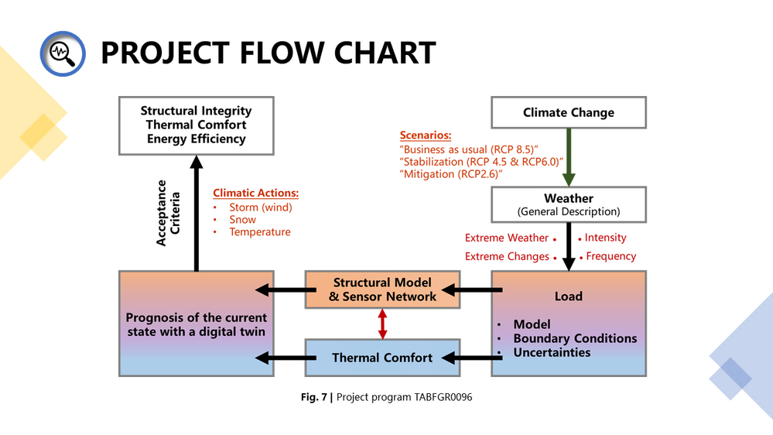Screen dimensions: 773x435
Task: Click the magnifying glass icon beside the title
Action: coord(63,53)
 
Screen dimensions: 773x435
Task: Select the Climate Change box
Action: coord(569,112)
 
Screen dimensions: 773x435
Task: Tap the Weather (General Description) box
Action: coord(569,204)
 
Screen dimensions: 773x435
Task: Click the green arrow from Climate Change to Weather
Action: coord(569,157)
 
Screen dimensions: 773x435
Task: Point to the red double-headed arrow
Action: coord(382,324)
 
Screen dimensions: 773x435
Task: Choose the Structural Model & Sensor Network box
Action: coord(382,289)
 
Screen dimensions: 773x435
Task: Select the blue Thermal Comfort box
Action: coord(382,358)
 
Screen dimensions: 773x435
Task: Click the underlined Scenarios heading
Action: coord(426,135)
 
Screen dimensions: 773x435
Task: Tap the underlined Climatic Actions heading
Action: coord(256,193)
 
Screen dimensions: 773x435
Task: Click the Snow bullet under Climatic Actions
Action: coord(242,220)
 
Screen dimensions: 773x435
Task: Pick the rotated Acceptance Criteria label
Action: coord(168,213)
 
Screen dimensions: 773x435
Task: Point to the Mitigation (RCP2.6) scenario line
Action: coord(451,174)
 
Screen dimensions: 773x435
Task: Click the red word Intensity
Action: coord(605,238)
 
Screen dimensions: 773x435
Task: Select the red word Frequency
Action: coord(611,256)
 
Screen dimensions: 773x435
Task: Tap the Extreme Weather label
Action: coord(507,238)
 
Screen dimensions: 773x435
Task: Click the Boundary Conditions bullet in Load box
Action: coord(576,338)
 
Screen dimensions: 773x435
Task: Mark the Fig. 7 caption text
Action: coord(387,397)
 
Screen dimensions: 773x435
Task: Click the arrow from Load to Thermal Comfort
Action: coord(472,358)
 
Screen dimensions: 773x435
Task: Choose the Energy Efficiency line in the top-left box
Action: coord(197,139)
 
